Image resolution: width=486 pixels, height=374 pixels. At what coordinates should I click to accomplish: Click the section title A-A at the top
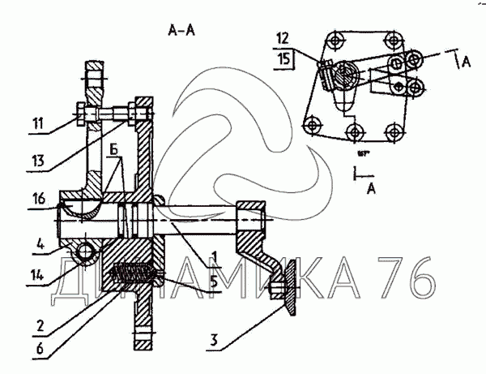181,32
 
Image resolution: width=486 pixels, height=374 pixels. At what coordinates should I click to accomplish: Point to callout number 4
40,241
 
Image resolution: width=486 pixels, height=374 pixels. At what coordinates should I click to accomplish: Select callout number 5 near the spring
213,282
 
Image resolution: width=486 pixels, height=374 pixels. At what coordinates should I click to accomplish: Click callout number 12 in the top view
282,38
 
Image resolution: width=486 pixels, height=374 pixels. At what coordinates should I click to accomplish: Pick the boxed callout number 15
282,59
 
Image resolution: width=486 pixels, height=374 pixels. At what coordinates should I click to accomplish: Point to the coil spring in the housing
132,276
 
